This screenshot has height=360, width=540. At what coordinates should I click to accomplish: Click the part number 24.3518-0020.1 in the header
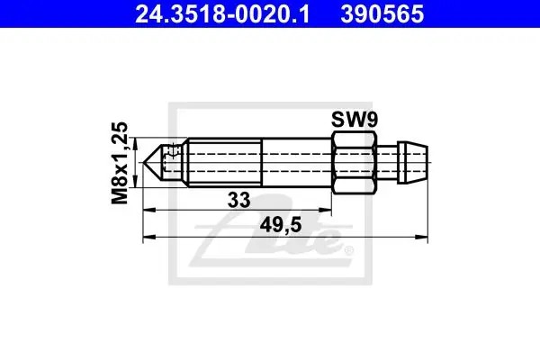222,14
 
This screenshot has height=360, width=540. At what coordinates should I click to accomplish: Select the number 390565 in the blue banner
382,14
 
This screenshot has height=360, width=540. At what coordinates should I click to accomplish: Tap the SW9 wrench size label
355,120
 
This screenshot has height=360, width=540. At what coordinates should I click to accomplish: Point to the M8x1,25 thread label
120,163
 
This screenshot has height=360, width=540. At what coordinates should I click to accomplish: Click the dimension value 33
239,200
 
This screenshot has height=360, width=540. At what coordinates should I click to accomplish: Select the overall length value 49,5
281,226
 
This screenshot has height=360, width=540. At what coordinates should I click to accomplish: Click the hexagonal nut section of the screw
355,162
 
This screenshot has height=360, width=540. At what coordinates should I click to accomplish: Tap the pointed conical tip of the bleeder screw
154,162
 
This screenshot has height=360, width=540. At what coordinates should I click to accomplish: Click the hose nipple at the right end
412,162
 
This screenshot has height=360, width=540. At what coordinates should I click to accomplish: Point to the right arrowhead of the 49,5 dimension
421,237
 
